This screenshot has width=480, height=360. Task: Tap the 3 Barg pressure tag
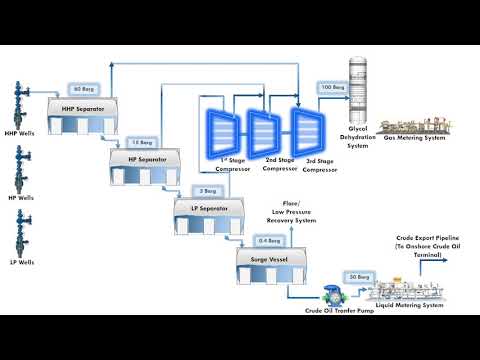point(209,190)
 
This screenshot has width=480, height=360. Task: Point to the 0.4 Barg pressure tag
point(268,241)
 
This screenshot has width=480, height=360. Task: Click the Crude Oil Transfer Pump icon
point(331,296)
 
